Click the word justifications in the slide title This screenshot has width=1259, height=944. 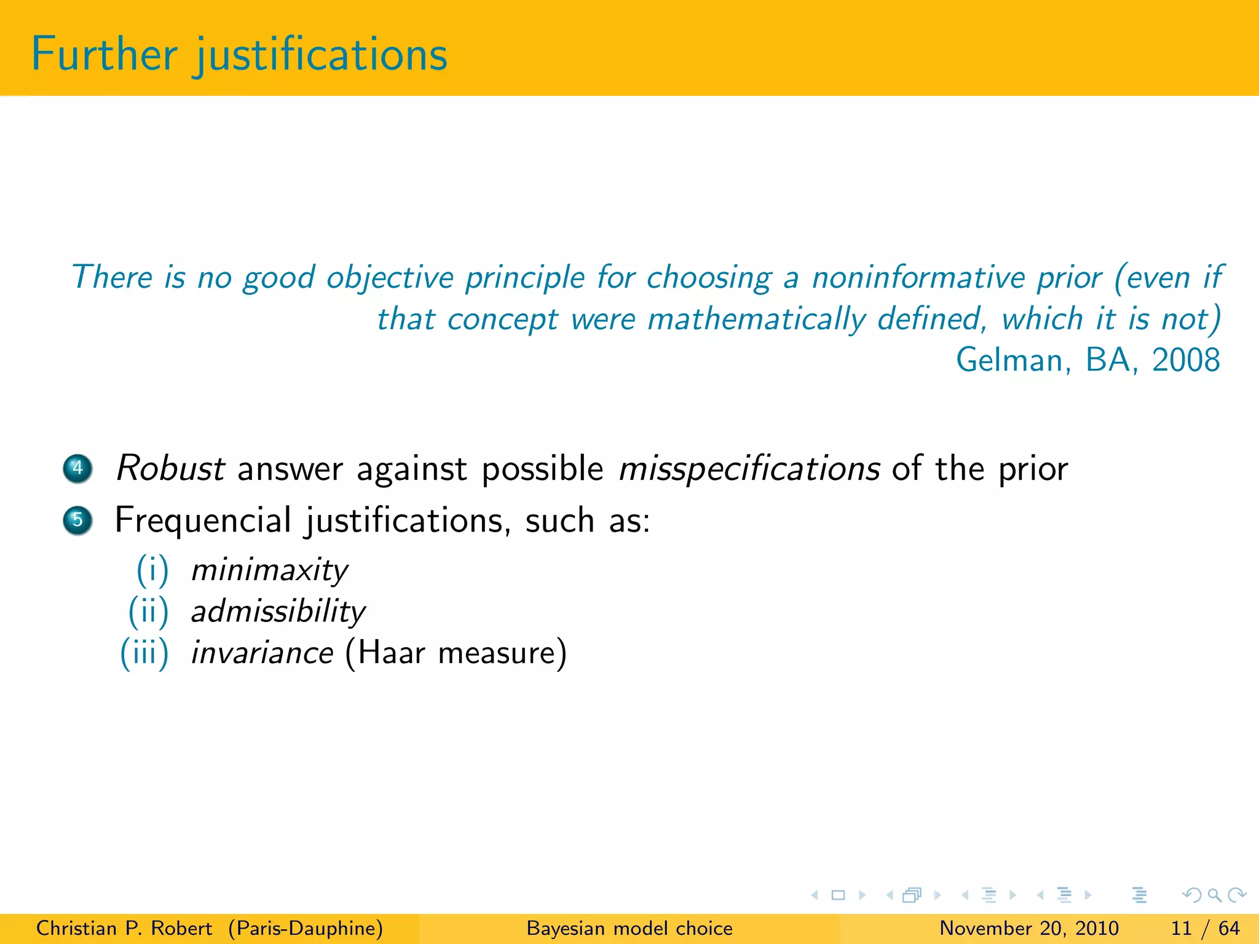point(322,55)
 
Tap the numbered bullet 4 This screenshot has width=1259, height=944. point(77,468)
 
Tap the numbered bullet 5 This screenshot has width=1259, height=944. point(77,521)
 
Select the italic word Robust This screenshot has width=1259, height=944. point(170,468)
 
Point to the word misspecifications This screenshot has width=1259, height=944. point(749,470)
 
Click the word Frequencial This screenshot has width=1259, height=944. point(203,521)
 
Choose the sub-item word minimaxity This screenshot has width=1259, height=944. point(269,570)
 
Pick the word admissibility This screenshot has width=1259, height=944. point(278,612)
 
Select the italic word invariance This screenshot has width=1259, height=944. point(262,653)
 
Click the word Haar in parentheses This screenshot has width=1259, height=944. point(390,653)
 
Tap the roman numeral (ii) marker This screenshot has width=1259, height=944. point(148,612)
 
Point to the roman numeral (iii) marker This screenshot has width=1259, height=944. point(144,653)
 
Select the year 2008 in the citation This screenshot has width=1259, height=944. point(1185,360)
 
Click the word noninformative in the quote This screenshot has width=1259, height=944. point(957,278)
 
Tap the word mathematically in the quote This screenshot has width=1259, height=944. point(757,320)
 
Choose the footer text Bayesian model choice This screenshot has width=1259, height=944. point(629,928)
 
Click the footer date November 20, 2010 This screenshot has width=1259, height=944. point(1029,928)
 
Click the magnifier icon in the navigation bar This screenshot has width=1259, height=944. point(1214,895)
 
